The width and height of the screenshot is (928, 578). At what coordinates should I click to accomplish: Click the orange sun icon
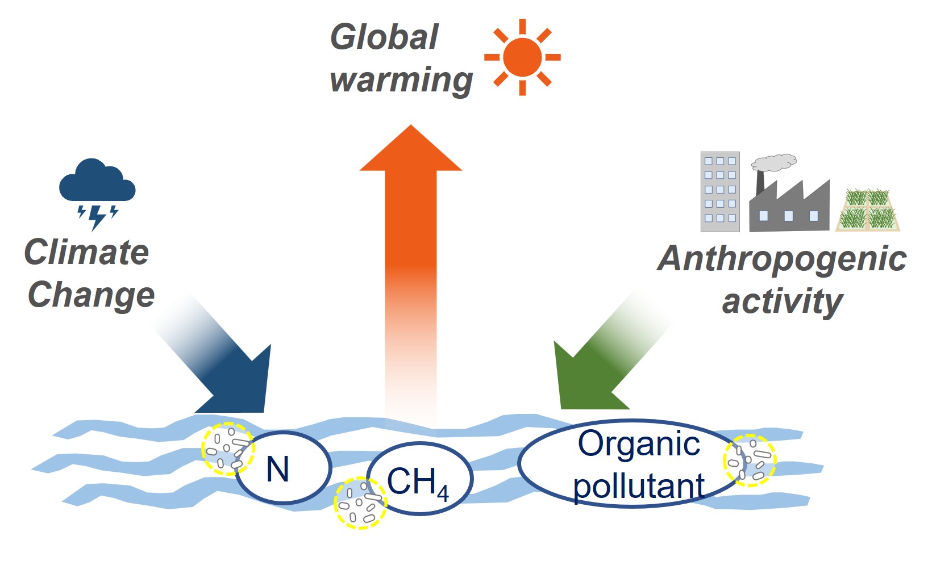[522, 57]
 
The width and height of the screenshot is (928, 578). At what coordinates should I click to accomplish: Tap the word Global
[385, 37]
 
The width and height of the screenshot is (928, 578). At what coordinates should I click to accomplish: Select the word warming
[401, 79]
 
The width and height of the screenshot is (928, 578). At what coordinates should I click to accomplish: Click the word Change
[91, 295]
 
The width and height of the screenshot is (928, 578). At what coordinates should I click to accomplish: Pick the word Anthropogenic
[782, 259]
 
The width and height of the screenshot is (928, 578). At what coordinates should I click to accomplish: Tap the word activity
[782, 301]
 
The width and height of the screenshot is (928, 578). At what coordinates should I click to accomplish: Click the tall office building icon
[720, 191]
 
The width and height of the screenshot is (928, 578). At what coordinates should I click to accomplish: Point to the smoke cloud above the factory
[774, 162]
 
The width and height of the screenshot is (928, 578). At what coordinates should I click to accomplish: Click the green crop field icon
[868, 210]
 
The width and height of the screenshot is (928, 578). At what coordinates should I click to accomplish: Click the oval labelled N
[283, 468]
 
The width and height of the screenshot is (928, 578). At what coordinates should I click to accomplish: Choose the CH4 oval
[419, 479]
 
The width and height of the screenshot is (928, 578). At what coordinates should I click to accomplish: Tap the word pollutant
[638, 486]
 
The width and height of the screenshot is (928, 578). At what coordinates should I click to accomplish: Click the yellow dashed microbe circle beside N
[227, 449]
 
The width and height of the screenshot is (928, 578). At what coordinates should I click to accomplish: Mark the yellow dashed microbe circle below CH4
[360, 503]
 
